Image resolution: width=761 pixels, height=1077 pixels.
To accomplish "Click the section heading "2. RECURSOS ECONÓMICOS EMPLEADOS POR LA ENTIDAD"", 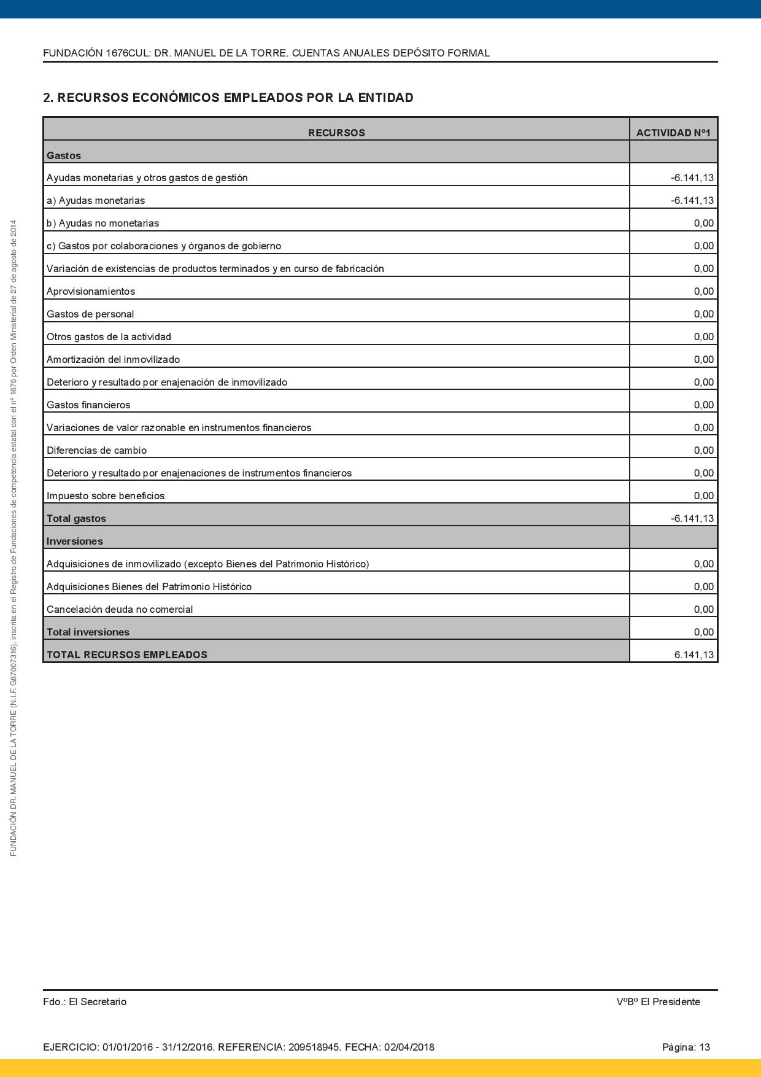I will coord(228,98).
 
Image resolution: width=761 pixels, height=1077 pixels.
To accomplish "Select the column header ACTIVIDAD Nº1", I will coord(673,133).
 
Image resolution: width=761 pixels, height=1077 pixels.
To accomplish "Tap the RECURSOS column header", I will coord(336,133).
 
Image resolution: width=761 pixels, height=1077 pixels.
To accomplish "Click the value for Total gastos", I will coord(692,518).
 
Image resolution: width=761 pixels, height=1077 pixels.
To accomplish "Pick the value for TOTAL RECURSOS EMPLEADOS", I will coord(693,655).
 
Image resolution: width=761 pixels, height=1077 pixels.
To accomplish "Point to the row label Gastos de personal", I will coord(90,314).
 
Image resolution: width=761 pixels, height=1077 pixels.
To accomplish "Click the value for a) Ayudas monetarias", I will coord(692,200).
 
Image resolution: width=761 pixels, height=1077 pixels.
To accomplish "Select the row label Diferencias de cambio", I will coord(96,450).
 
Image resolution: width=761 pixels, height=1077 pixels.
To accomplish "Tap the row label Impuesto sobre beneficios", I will coord(106,496).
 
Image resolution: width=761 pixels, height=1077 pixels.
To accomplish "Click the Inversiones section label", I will coord(75,541).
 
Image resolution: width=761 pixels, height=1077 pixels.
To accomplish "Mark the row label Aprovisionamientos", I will coord(91,291).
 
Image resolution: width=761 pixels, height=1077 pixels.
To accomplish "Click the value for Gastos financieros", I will coord(703,405).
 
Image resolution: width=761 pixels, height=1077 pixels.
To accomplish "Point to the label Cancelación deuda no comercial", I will coord(120,609).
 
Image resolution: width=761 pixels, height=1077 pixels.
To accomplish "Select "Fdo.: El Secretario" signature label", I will coord(85,1001).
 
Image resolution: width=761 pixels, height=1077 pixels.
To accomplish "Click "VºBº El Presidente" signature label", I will coord(658,1001).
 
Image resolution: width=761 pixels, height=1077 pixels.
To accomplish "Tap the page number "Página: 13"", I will coord(686,1047).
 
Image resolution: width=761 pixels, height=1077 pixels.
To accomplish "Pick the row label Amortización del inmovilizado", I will coord(113,359).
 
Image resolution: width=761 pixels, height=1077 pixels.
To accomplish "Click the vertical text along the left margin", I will coord(14,538).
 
